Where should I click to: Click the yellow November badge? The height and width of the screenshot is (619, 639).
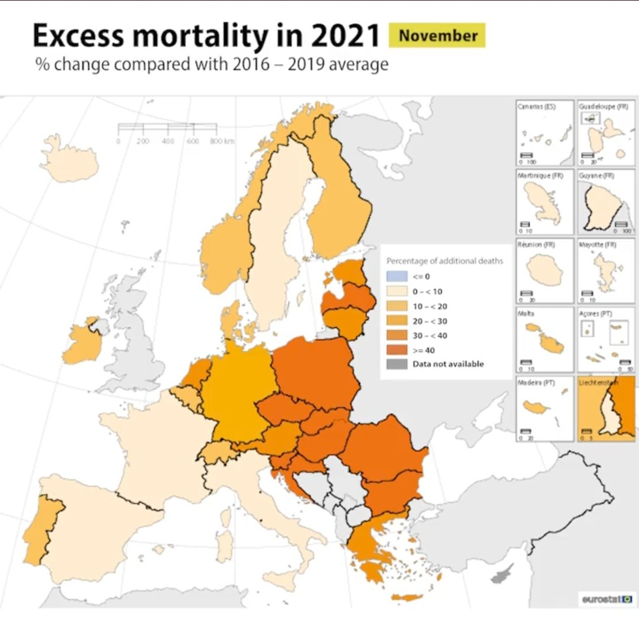tap(437, 36)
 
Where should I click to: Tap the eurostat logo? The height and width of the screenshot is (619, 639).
tap(606, 599)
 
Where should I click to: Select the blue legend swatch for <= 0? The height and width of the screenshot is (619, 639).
tap(395, 276)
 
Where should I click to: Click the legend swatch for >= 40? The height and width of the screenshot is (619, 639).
tap(395, 350)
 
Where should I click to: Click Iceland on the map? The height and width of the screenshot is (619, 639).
tap(69, 158)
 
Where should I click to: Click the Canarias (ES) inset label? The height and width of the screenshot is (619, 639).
tap(536, 107)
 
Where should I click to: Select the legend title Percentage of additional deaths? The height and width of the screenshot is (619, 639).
tap(445, 261)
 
